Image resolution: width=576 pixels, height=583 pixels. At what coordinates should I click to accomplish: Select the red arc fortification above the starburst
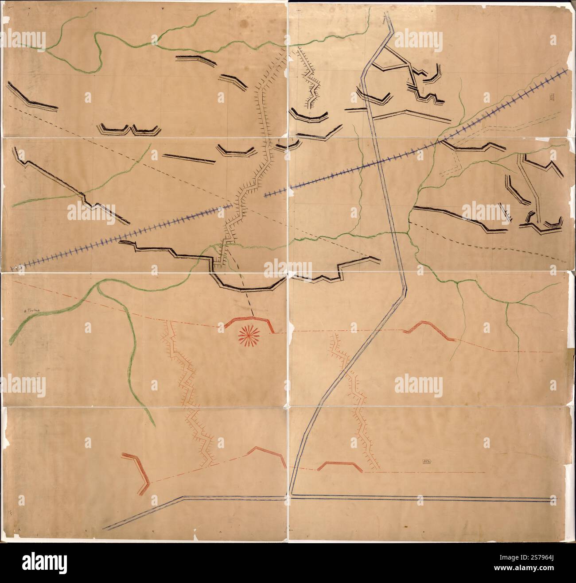[249, 322]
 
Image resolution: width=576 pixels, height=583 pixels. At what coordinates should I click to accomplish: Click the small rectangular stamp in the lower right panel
[427, 461]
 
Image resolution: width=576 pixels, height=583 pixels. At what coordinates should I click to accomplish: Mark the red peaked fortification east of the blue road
[428, 329]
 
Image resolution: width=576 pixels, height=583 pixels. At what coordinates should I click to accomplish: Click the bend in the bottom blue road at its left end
[183, 498]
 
